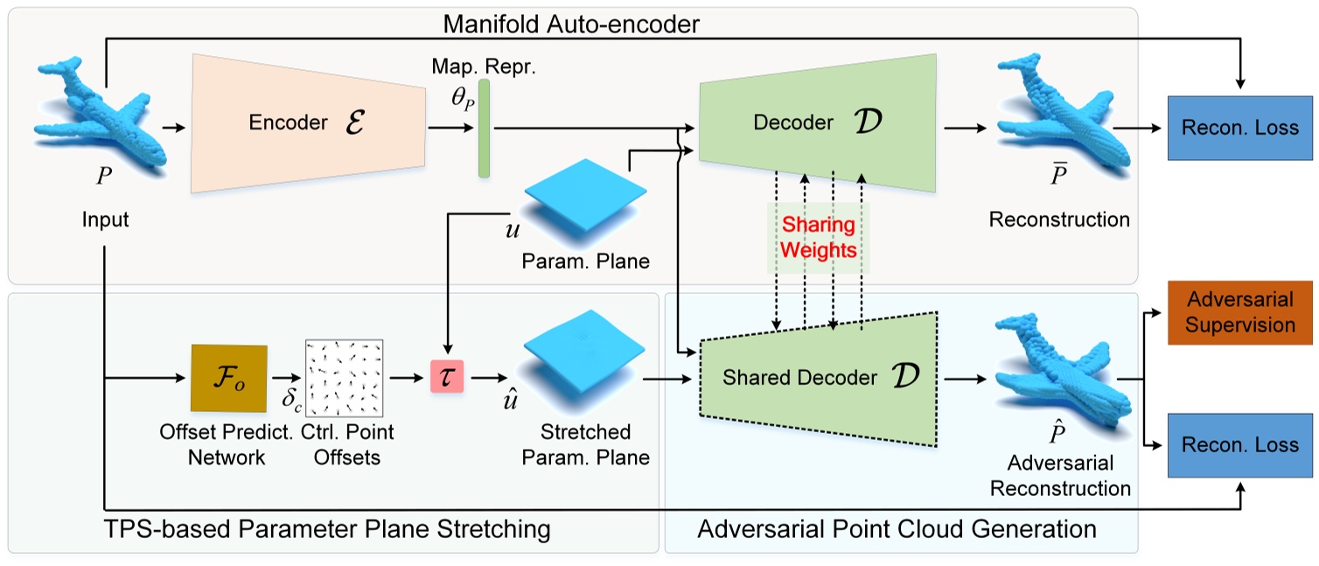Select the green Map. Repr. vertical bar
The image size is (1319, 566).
coord(484,129)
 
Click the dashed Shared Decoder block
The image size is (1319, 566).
coord(813,378)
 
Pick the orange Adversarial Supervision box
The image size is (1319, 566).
coord(1240,312)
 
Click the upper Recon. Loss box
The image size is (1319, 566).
coord(1240,128)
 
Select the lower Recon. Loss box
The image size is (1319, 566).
coord(1240,444)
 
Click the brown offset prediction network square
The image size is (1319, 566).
coord(227,379)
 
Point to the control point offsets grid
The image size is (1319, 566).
coord(344,378)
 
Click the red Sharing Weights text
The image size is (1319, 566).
coord(818,238)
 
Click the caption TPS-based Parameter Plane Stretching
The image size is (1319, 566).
coord(329,529)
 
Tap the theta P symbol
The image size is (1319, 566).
coord(463,100)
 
